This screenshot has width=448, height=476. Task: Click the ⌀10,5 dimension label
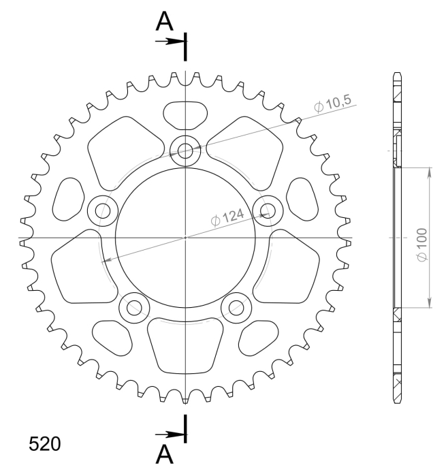click(333, 104)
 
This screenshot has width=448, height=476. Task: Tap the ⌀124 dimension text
click(227, 217)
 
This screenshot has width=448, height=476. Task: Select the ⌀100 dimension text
click(422, 244)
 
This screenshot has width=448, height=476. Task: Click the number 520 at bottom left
click(45, 444)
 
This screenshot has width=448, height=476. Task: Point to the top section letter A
click(164, 21)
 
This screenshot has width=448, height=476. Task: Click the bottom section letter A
click(164, 454)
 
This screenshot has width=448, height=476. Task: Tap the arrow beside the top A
click(170, 42)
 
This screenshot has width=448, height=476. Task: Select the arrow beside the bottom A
click(170, 434)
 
